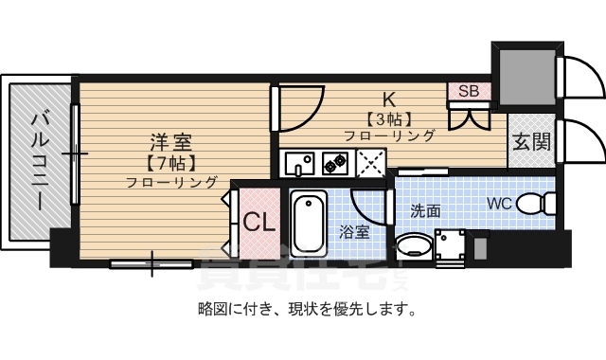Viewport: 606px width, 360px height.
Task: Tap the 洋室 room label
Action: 171,142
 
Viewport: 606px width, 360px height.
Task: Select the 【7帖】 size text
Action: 171,162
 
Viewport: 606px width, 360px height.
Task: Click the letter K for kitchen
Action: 387,99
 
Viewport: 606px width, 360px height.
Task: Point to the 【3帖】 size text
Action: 387,118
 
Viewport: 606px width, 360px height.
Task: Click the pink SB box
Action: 469,91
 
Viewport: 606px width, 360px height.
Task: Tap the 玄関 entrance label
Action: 531,142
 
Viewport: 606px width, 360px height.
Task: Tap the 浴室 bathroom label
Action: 355,231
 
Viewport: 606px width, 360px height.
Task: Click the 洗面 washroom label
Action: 425,210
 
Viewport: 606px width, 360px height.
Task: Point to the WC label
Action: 501,203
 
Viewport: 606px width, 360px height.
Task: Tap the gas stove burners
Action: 335,162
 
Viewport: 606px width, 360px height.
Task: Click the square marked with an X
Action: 371,162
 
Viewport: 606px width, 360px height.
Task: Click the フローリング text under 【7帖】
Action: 171,182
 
